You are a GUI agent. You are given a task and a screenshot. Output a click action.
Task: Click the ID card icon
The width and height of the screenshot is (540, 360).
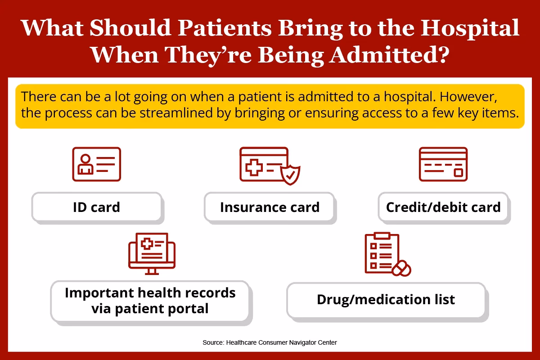[96, 164]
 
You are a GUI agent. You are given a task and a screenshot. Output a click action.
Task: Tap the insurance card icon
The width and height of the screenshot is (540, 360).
[270, 166]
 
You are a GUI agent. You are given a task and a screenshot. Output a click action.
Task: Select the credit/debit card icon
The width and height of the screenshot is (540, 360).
[443, 164]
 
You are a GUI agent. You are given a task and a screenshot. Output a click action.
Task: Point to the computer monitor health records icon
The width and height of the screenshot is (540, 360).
[152, 253]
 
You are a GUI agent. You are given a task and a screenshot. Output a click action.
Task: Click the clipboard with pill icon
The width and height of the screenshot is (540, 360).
[387, 254]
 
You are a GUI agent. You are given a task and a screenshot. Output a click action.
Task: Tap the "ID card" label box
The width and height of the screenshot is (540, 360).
[97, 207]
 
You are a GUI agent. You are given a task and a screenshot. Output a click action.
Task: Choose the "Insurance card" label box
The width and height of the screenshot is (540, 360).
[269, 207]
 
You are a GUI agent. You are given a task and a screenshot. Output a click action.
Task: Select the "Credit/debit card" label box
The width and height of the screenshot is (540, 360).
[443, 207]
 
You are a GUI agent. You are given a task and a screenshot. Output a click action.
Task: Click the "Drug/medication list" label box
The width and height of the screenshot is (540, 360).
[386, 300]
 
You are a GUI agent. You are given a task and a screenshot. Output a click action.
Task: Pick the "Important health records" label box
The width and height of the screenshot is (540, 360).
[150, 301]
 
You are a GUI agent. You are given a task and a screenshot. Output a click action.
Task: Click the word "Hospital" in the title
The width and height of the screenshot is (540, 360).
[470, 28]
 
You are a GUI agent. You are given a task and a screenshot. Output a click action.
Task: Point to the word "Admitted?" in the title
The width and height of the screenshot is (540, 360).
[390, 54]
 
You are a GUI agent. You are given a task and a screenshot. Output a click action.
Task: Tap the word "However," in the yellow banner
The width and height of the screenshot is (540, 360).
[468, 97]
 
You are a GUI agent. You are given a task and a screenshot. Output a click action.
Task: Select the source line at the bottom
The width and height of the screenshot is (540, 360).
[270, 342]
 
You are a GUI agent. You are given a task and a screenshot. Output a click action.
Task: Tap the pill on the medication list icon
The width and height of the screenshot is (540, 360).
[401, 268]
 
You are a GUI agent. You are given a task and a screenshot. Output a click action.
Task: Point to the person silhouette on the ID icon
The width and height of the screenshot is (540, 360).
[85, 164]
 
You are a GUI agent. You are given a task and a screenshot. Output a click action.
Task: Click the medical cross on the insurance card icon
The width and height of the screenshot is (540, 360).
[254, 167]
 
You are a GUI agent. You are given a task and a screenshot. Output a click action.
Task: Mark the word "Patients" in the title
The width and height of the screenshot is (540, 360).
[225, 28]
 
